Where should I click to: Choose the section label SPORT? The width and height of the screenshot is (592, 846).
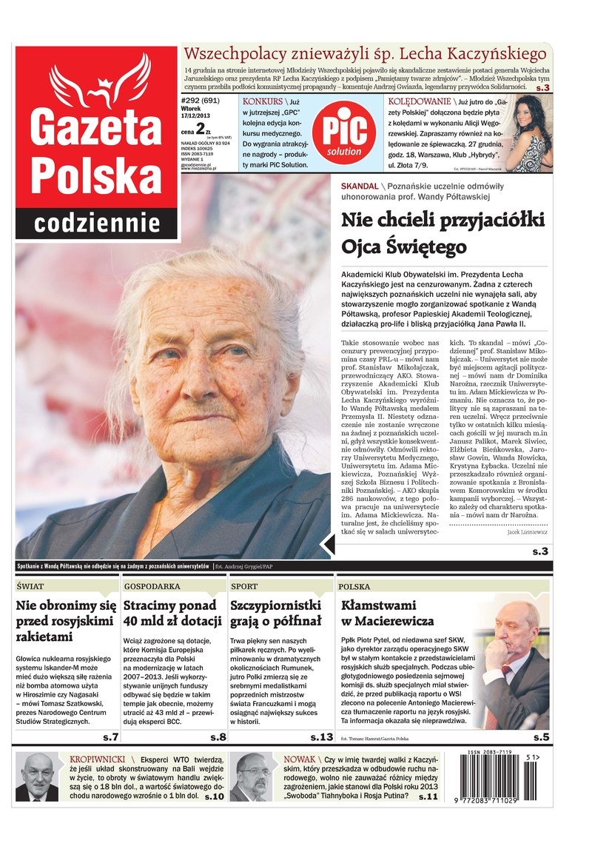(x=244, y=585)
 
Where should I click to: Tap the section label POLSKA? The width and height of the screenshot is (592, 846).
(x=354, y=585)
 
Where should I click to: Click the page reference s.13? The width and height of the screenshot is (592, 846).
(x=321, y=736)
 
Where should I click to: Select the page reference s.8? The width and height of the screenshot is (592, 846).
(x=218, y=736)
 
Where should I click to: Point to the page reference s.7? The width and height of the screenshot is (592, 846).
(x=110, y=736)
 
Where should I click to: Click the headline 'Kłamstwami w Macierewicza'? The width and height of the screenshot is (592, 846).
(x=387, y=613)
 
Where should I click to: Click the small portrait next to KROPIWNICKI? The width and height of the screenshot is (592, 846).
(x=37, y=777)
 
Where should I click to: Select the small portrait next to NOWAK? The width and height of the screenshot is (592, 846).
(x=251, y=777)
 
